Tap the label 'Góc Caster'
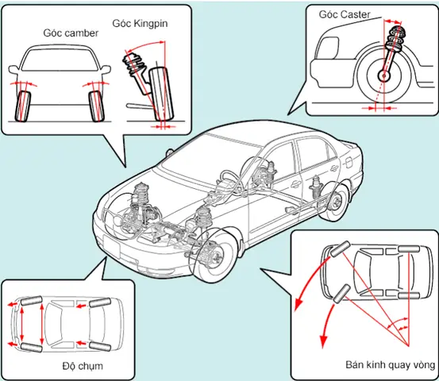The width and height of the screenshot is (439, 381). pyautogui.click(x=345, y=14)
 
